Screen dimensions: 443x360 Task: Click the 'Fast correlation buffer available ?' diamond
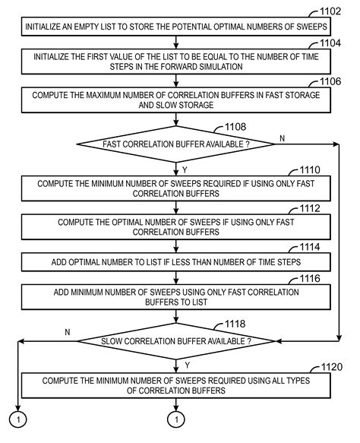point(175,143)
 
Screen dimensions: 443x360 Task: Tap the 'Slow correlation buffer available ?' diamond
point(175,340)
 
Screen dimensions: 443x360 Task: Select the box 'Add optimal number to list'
point(175,262)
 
